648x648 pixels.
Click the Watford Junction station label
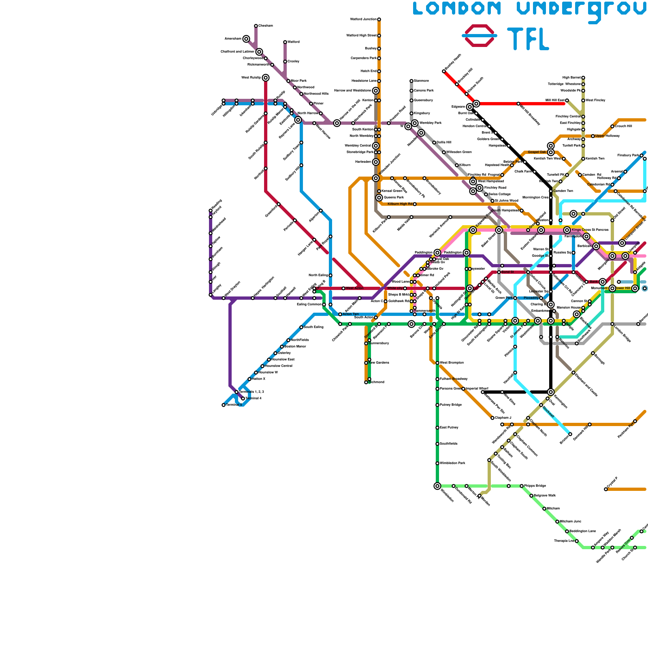click(x=363, y=19)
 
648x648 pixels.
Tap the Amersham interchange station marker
click(x=246, y=39)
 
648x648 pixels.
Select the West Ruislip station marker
click(x=266, y=78)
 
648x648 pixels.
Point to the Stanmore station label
click(x=421, y=81)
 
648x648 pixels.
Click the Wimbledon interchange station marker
click(x=437, y=486)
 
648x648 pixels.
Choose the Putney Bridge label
click(x=450, y=405)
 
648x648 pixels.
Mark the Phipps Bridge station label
click(x=535, y=486)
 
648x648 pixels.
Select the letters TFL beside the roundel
click(x=528, y=39)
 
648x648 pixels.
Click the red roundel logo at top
click(x=480, y=36)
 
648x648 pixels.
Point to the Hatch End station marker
click(x=379, y=71)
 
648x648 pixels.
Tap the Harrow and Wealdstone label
click(x=353, y=91)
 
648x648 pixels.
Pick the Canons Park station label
click(x=424, y=91)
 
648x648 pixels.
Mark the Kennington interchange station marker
click(x=551, y=392)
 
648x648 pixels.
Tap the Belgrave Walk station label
click(x=545, y=496)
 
